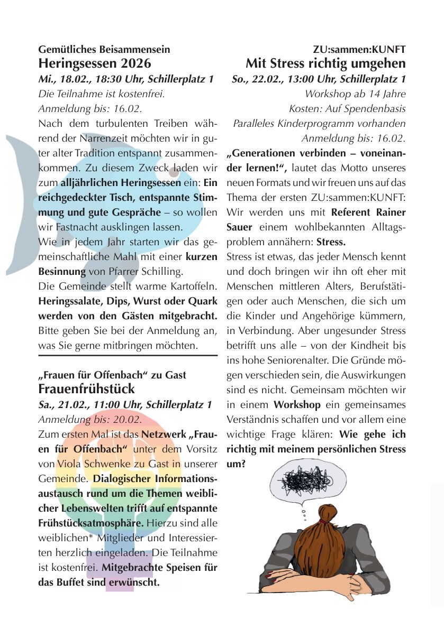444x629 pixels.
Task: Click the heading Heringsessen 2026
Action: point(95,64)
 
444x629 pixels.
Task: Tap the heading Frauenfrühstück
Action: point(87,389)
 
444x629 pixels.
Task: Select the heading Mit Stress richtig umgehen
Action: point(325,64)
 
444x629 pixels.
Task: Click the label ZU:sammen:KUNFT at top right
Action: point(359,50)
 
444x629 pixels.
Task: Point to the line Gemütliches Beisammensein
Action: point(104,50)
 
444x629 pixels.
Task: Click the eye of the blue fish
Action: point(173,172)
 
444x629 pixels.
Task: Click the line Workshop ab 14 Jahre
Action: point(355,94)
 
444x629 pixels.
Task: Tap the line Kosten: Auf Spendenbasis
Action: point(347,109)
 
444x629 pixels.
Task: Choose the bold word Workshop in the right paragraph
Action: point(297,405)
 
